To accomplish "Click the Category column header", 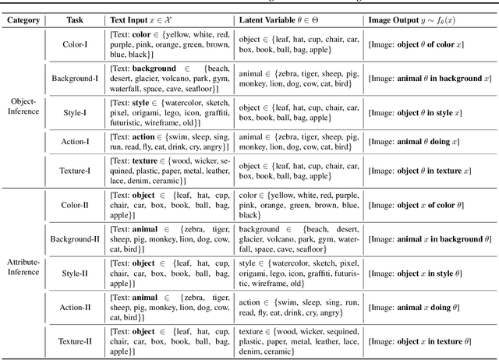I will click(23, 19).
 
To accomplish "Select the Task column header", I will click(75, 19).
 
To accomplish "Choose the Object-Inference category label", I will click(23, 107).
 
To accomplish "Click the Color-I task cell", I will click(75, 44).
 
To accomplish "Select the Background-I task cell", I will click(75, 79).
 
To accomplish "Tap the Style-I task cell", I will click(75, 111).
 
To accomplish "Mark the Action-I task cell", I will click(75, 142).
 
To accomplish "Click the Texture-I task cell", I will click(75, 171).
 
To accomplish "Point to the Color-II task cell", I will click(75, 204).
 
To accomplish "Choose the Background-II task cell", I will click(75, 238).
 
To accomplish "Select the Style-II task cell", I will click(75, 274).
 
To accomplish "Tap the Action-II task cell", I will click(75, 306).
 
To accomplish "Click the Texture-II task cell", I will click(75, 340).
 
